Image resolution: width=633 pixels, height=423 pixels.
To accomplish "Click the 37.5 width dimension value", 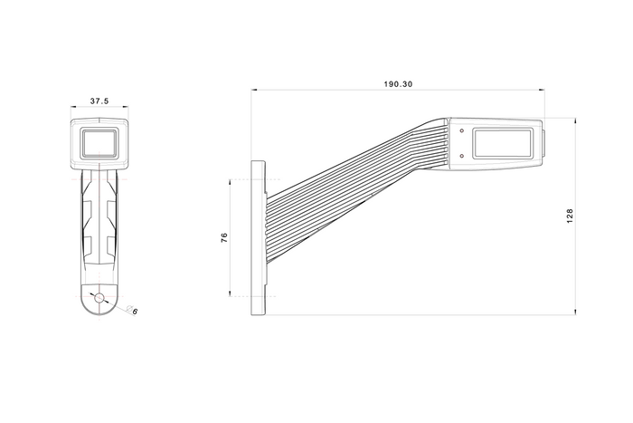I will [99, 101].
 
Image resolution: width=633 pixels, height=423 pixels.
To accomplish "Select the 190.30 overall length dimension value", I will [397, 83].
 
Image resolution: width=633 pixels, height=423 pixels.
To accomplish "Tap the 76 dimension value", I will [224, 237].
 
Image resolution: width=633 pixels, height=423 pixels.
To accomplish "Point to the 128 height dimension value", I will [570, 216].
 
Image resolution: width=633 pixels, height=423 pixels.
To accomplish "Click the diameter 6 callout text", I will [135, 312].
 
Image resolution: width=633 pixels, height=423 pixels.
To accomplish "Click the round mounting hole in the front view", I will [99, 298].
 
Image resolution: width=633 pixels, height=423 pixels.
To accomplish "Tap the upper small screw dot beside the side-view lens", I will [462, 130].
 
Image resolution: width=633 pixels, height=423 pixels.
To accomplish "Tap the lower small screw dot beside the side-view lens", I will [462, 155].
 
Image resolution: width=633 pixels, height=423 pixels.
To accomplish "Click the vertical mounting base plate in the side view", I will [259, 237].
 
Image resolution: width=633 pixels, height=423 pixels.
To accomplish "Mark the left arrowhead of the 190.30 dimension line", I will [254, 90].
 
